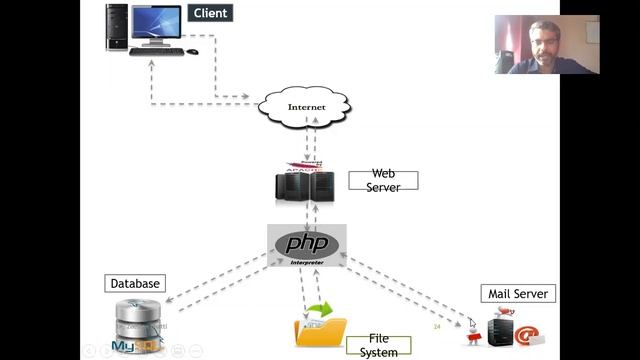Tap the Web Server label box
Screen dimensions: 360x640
(383, 180)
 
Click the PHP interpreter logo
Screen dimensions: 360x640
(307, 244)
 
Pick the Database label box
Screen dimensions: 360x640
(134, 284)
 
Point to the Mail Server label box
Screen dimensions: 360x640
(518, 294)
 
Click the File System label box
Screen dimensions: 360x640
(378, 346)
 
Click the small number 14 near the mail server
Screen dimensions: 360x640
(437, 326)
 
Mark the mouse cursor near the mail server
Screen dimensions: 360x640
(473, 323)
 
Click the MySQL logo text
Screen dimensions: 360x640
(131, 348)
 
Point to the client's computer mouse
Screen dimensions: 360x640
(193, 51)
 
